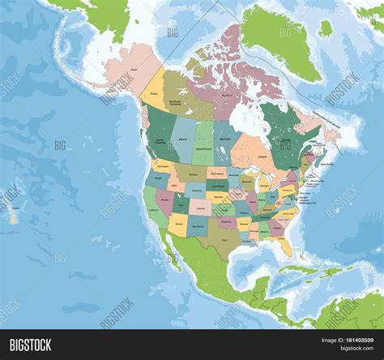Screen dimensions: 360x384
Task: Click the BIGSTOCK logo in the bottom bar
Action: click(x=30, y=345)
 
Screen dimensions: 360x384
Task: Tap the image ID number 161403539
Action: click(x=355, y=345)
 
